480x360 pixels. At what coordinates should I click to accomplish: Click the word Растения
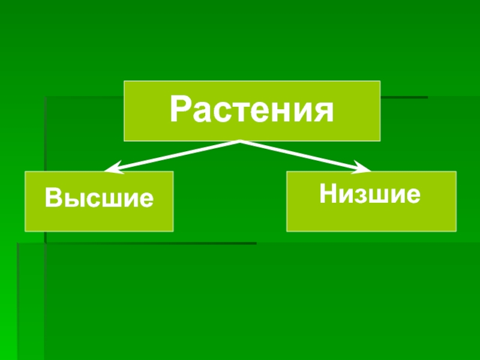[251, 110]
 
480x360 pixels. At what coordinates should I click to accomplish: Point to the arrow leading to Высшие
[174, 154]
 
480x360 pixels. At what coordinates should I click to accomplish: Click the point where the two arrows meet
[240, 142]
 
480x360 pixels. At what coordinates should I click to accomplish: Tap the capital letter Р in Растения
[179, 110]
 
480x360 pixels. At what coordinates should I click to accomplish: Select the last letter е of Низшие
[412, 195]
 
